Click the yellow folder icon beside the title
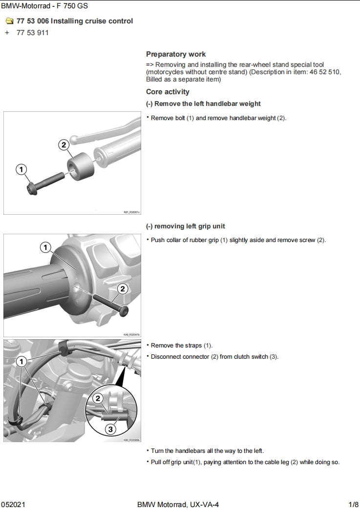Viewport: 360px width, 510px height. tap(9, 21)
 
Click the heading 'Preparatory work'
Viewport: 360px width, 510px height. tap(176, 54)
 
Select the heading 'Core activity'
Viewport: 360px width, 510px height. tap(168, 92)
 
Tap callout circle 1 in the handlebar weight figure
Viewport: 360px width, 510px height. tap(21, 169)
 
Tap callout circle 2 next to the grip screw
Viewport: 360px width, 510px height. tap(122, 288)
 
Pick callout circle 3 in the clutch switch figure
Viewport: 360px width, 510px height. tap(110, 429)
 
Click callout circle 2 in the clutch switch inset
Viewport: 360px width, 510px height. tap(98, 399)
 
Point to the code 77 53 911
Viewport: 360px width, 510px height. tap(32, 33)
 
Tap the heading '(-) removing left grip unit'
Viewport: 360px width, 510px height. tap(185, 226)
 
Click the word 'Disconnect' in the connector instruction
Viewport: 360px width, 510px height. tap(166, 357)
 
